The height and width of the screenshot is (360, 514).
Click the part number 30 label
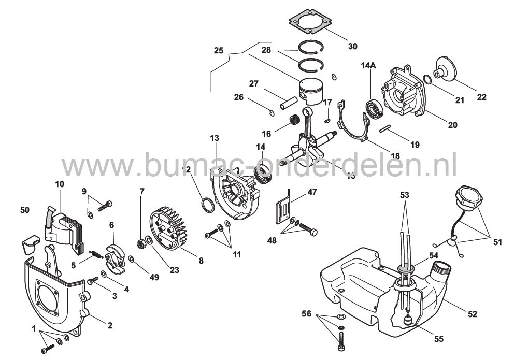353,47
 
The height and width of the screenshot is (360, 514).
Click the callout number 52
473,313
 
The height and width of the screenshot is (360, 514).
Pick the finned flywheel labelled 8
168,227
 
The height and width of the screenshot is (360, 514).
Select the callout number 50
25,209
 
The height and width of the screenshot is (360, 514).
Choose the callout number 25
219,51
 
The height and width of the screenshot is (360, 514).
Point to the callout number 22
482,96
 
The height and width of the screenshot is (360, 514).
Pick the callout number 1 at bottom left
34,329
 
